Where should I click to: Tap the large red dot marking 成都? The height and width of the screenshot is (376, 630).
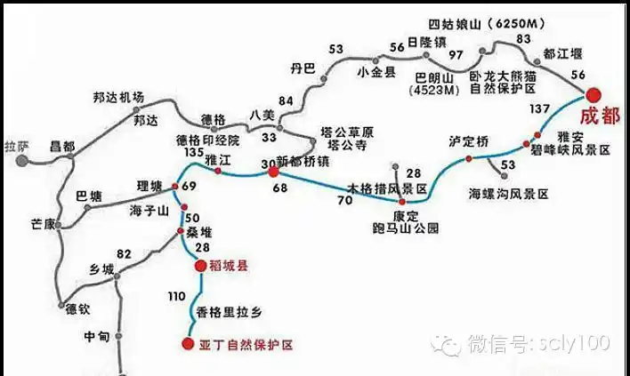click(x=593, y=91)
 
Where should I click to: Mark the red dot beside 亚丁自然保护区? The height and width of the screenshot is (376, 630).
click(x=188, y=344)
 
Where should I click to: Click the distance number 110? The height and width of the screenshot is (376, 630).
click(x=176, y=295)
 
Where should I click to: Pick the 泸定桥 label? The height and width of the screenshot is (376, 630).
click(x=470, y=141)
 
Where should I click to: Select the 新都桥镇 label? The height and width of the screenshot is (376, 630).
click(x=304, y=161)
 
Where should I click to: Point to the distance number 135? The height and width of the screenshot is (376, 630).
click(x=192, y=153)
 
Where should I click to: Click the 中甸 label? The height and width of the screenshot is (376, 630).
click(x=96, y=338)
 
